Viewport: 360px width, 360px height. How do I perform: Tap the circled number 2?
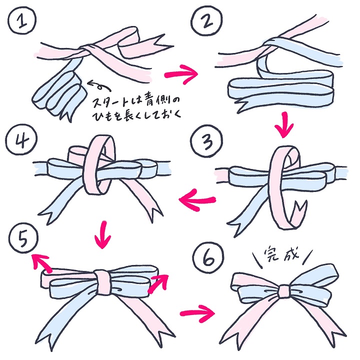(x=206, y=21)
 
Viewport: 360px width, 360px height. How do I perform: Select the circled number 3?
(x=207, y=141)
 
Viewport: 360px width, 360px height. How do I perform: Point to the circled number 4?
(x=21, y=140)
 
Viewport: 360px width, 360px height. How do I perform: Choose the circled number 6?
(x=208, y=258)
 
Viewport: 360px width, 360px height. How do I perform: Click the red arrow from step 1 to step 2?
(x=181, y=74)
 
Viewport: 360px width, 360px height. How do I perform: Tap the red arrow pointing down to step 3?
(x=284, y=125)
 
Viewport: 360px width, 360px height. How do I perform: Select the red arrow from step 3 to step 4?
(x=197, y=199)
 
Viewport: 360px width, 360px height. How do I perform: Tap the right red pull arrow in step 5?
(x=159, y=283)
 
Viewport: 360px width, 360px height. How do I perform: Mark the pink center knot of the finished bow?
(x=284, y=292)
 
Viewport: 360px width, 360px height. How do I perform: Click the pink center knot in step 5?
(x=102, y=281)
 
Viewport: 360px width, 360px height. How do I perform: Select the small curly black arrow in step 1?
(x=99, y=85)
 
